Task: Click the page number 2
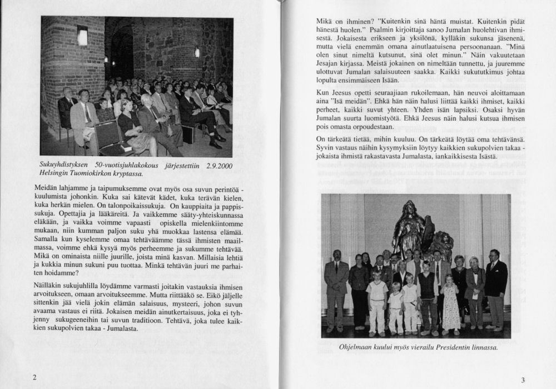[35, 377]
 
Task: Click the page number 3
[523, 380]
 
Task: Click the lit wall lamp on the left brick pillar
[83, 37]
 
